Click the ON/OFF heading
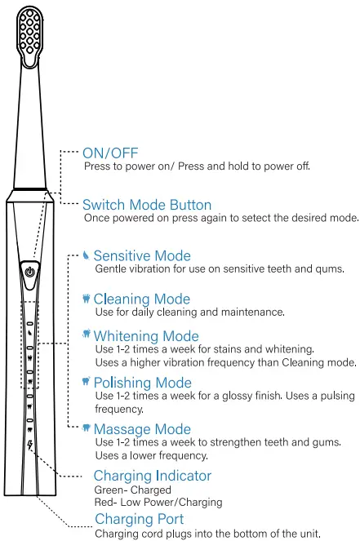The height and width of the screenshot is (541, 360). [110, 153]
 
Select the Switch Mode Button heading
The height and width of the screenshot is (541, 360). [147, 205]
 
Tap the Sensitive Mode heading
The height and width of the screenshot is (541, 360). [142, 256]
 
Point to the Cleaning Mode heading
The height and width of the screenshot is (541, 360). [142, 299]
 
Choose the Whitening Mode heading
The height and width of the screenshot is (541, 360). [146, 336]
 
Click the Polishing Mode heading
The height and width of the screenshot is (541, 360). [143, 383]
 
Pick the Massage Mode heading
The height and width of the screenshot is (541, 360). [142, 429]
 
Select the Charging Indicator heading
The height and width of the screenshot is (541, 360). [153, 476]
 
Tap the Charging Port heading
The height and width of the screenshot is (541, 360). [140, 519]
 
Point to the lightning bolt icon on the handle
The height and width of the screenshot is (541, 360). [30, 445]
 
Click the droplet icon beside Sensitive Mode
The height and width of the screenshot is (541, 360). [87, 255]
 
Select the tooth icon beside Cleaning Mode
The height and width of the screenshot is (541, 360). [87, 299]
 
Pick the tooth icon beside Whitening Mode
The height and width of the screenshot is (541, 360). [87, 335]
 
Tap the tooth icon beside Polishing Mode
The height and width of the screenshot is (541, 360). [87, 381]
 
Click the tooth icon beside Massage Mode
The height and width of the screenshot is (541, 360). [87, 428]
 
